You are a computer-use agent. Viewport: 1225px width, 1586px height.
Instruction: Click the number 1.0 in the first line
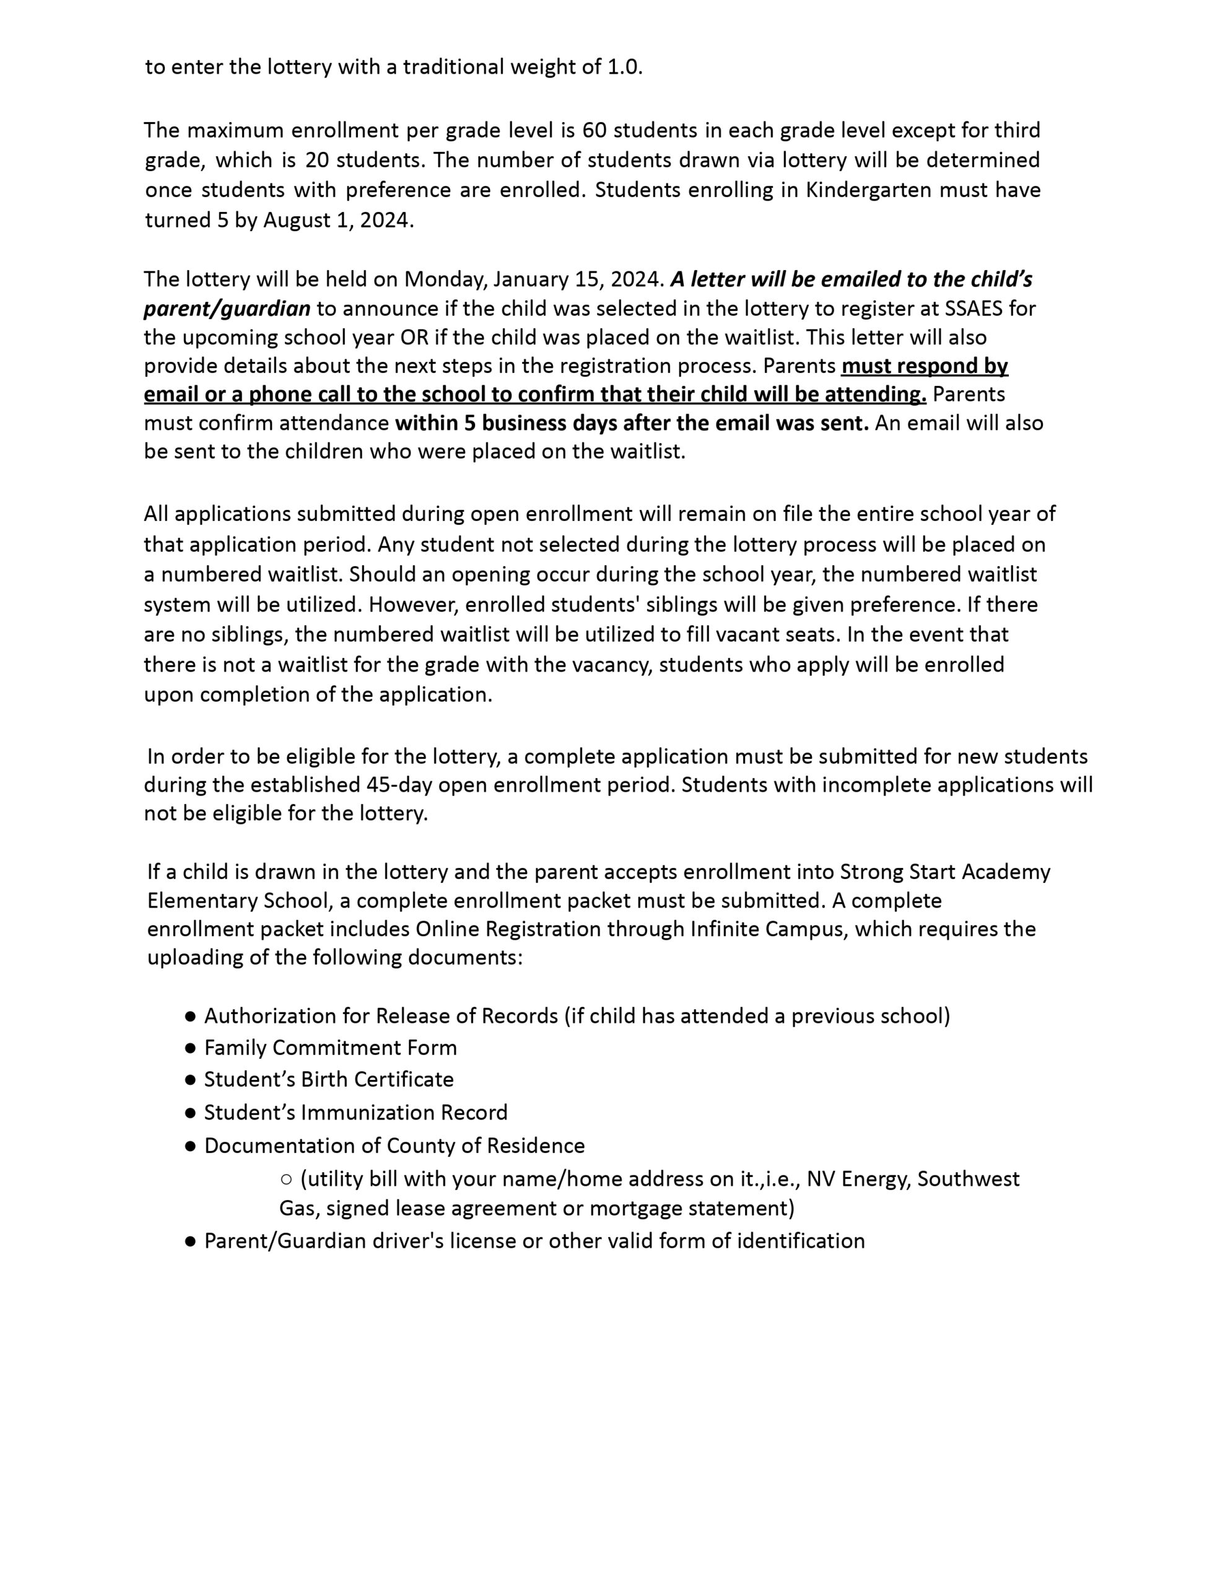click(623, 67)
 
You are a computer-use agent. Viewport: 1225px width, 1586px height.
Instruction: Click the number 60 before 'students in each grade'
click(595, 130)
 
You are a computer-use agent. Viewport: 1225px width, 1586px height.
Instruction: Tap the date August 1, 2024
click(338, 219)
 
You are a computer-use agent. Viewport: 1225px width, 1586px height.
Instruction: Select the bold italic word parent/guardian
click(227, 309)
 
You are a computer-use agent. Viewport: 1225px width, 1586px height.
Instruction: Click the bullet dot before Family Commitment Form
click(190, 1048)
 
